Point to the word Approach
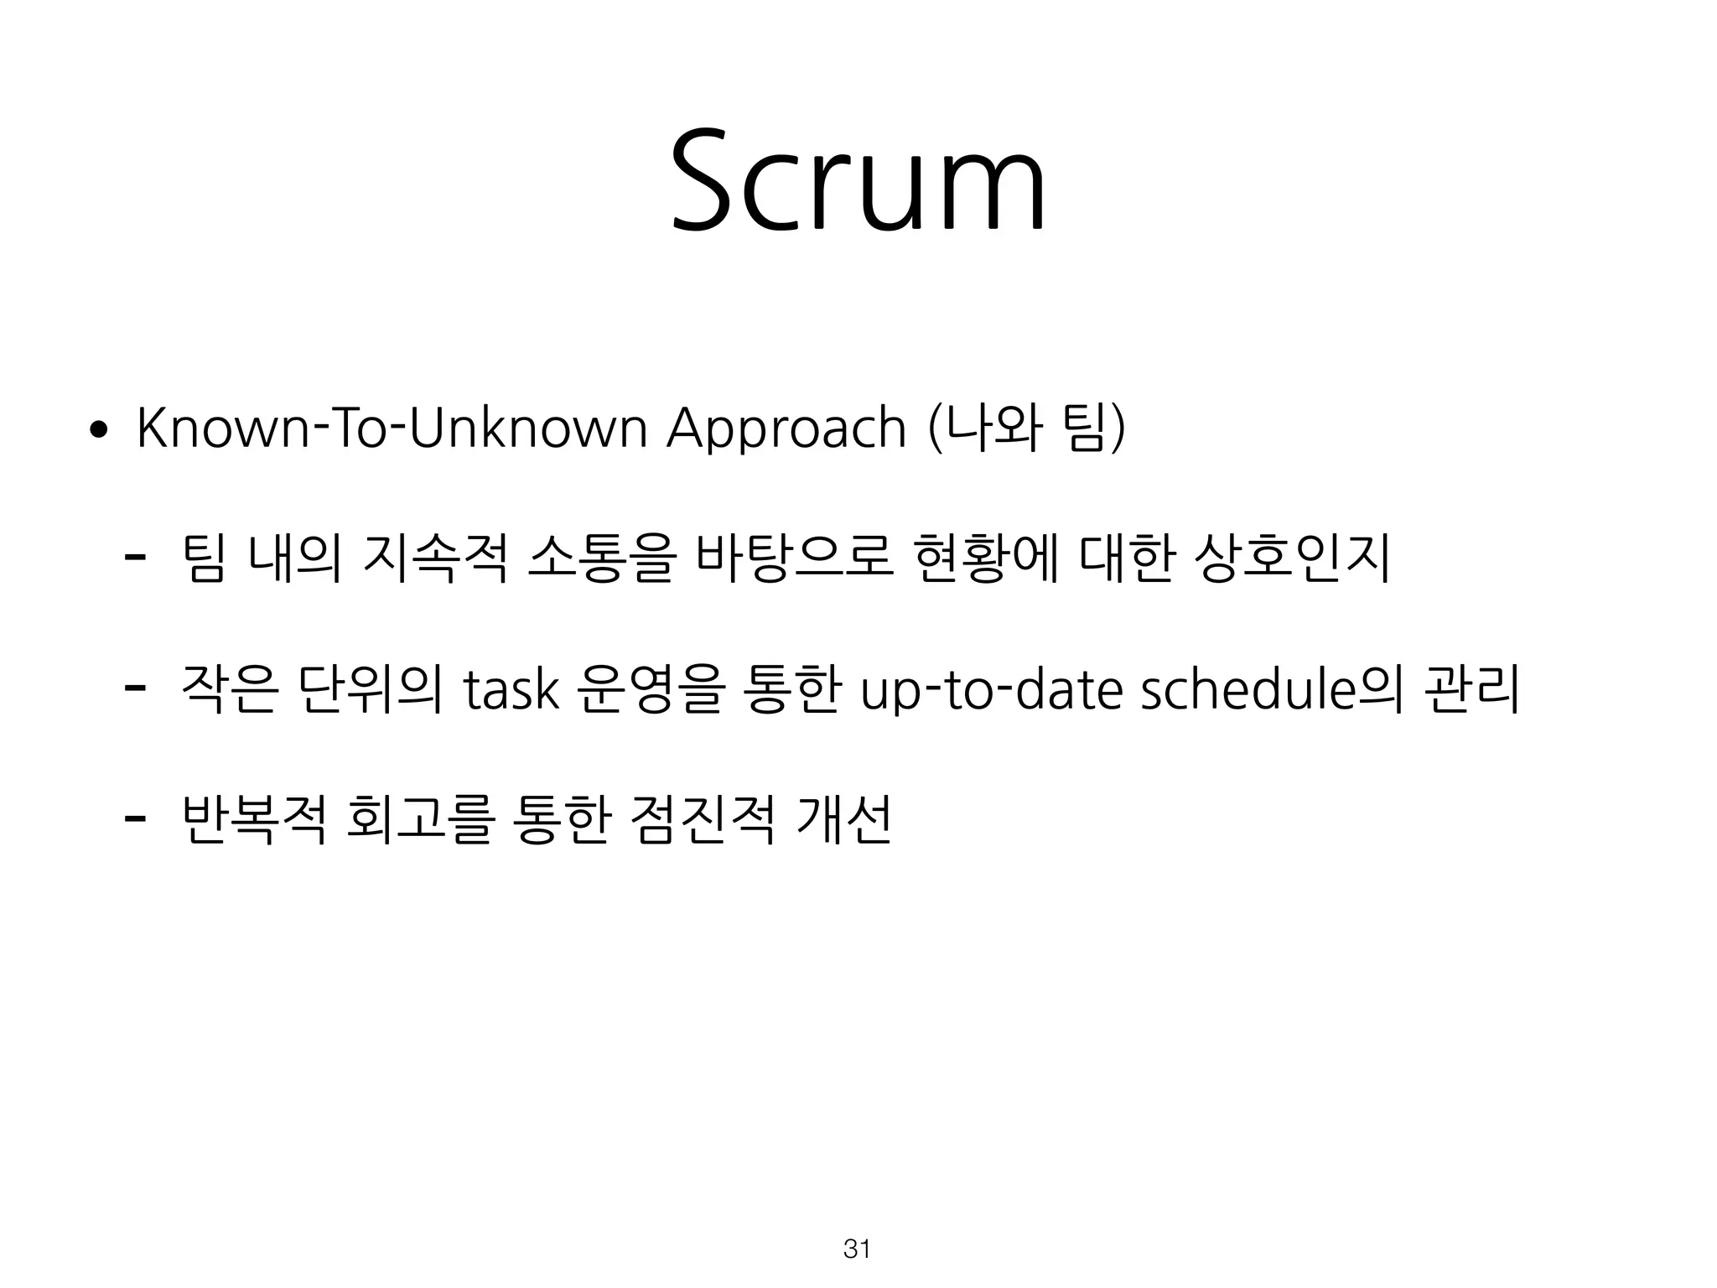click(786, 430)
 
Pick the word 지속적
click(436, 558)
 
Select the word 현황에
click(988, 558)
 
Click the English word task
click(511, 689)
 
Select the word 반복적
click(252, 820)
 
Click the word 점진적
click(705, 820)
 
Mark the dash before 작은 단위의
click(132, 687)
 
